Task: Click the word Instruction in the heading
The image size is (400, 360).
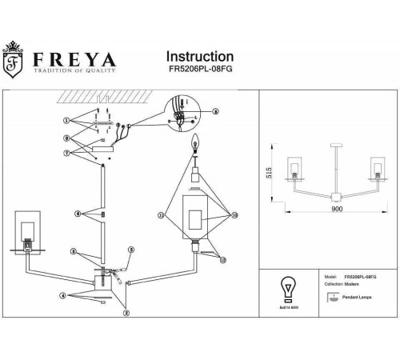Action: [x=199, y=57]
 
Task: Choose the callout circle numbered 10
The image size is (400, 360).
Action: [x=235, y=215]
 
